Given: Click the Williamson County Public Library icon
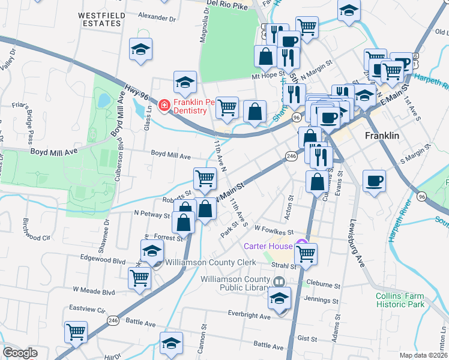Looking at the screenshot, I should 279,282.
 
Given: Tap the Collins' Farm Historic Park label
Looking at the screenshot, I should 400,300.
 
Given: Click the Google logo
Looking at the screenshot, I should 20,353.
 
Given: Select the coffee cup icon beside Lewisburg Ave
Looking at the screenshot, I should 374,181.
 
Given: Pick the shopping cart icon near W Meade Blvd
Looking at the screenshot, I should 139,278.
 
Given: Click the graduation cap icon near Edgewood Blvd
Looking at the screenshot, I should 152,251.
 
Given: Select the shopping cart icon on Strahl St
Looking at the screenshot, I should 306,254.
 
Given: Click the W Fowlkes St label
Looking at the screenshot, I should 273,230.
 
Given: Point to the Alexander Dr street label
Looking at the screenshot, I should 157,18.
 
